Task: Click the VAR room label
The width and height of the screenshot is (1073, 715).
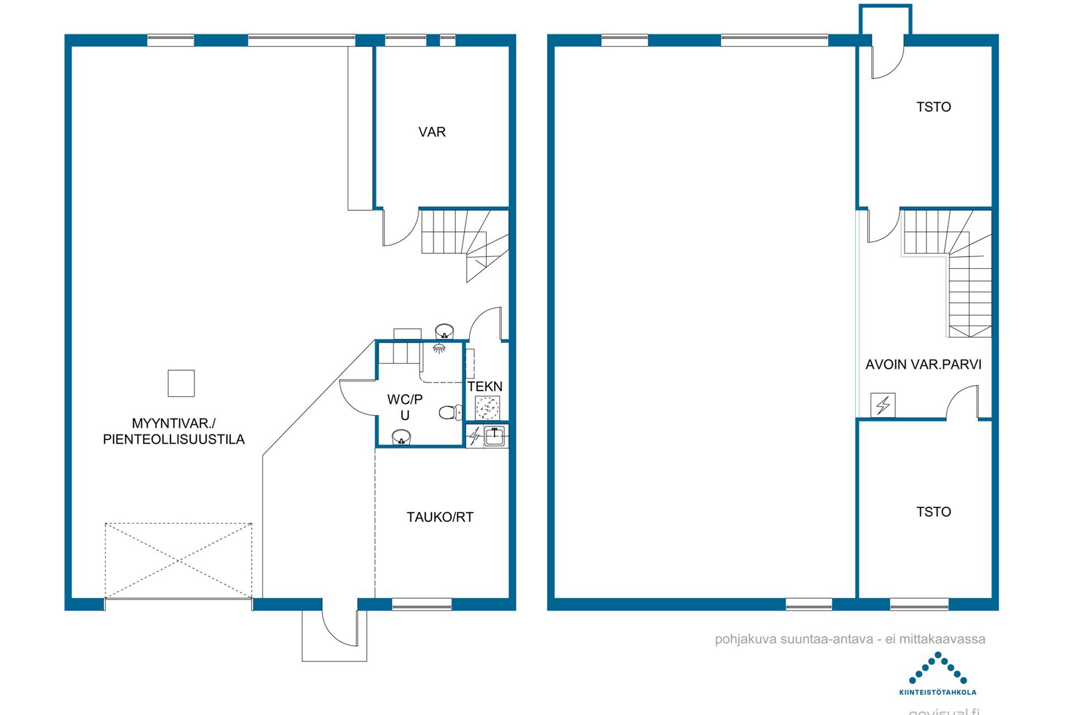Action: pyautogui.click(x=432, y=132)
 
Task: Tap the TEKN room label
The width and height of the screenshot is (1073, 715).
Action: pyautogui.click(x=485, y=387)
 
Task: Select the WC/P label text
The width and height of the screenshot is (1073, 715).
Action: pyautogui.click(x=405, y=399)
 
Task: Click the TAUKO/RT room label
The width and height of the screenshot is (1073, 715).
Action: pyautogui.click(x=440, y=517)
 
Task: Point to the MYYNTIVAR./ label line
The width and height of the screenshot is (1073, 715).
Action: pyautogui.click(x=173, y=423)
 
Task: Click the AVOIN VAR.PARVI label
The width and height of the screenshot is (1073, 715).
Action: pyautogui.click(x=923, y=365)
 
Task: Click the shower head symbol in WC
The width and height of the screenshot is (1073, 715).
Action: pyautogui.click(x=439, y=349)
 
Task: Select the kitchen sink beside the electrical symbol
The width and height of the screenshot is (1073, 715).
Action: pyautogui.click(x=495, y=436)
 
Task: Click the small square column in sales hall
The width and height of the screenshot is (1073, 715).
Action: pyautogui.click(x=181, y=383)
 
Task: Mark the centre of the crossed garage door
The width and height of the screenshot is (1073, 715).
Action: pyautogui.click(x=178, y=560)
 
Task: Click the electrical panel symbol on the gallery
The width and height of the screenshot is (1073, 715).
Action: pyautogui.click(x=883, y=406)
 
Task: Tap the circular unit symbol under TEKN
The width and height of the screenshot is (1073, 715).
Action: pyautogui.click(x=487, y=408)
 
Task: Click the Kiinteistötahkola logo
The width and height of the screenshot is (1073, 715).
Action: pyautogui.click(x=938, y=673)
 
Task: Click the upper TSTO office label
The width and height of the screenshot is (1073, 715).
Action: pyautogui.click(x=933, y=107)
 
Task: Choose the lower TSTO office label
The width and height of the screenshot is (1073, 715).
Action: pyautogui.click(x=933, y=512)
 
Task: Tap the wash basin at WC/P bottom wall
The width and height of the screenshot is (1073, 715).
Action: pyautogui.click(x=401, y=437)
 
